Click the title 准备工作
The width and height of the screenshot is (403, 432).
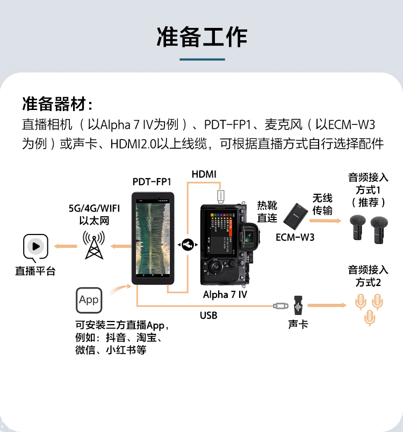point(201,36)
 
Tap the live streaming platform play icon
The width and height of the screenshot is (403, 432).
point(35,247)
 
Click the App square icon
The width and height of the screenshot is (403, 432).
point(89,299)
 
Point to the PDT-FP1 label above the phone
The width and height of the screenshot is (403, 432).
point(152,181)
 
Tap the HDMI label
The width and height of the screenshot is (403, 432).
point(204,174)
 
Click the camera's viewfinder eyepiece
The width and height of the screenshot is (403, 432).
point(248,236)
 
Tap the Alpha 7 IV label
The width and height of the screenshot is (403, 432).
point(225,295)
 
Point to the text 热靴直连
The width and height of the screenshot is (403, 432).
point(267,211)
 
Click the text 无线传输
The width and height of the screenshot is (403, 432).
point(322,204)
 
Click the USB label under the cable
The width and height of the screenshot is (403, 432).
point(208,316)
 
